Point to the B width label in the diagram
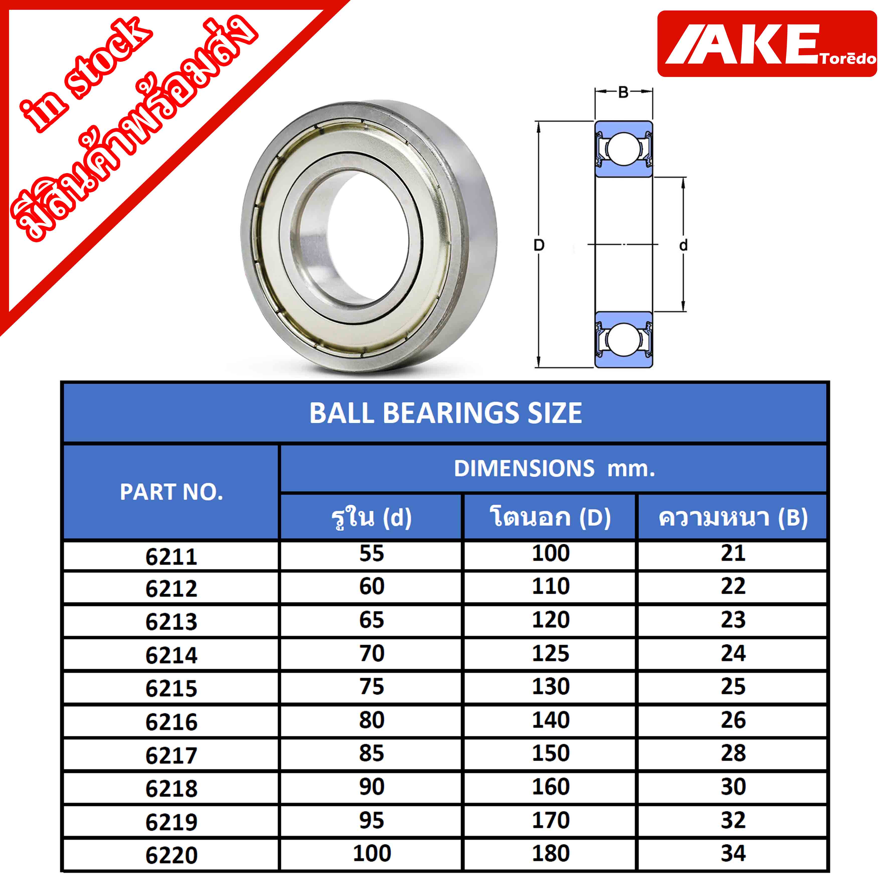tap(623, 92)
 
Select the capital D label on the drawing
tap(539, 245)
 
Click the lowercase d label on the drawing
tap(683, 245)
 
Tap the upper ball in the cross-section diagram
tap(623, 148)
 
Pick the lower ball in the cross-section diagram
tap(623, 339)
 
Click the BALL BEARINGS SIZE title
tap(445, 413)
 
